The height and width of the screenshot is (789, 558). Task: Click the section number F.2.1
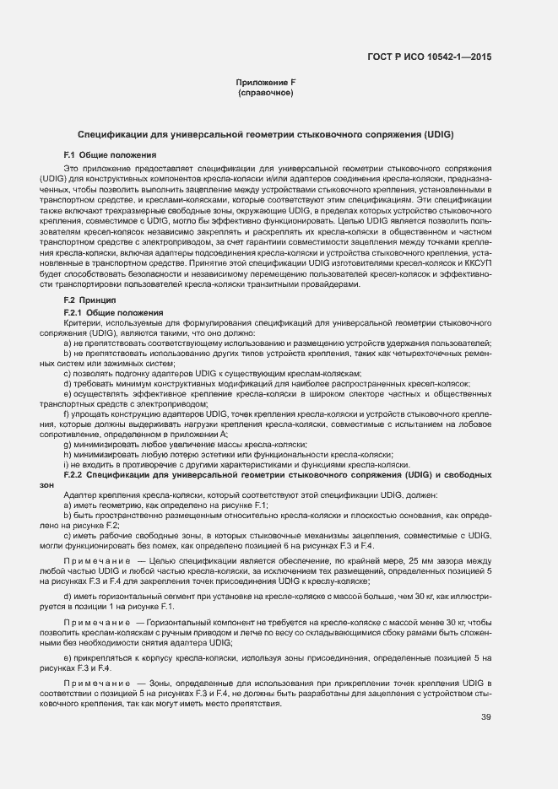75,312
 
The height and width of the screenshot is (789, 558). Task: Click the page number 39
485,717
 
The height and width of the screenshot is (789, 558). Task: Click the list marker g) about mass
67,444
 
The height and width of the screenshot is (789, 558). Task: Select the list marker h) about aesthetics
67,454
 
